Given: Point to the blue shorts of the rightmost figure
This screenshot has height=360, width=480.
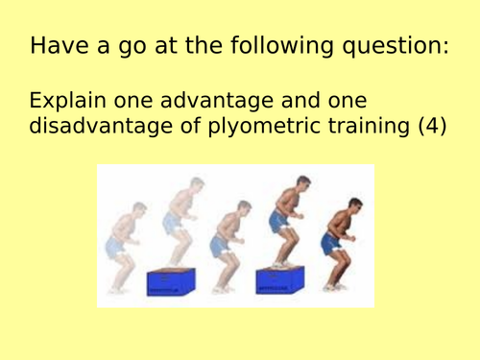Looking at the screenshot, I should (x=334, y=245).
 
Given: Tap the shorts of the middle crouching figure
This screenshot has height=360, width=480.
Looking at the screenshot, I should (x=228, y=249).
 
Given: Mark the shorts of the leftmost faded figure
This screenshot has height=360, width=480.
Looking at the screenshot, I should (x=116, y=248).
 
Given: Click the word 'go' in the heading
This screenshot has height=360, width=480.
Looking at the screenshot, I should (x=113, y=45).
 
